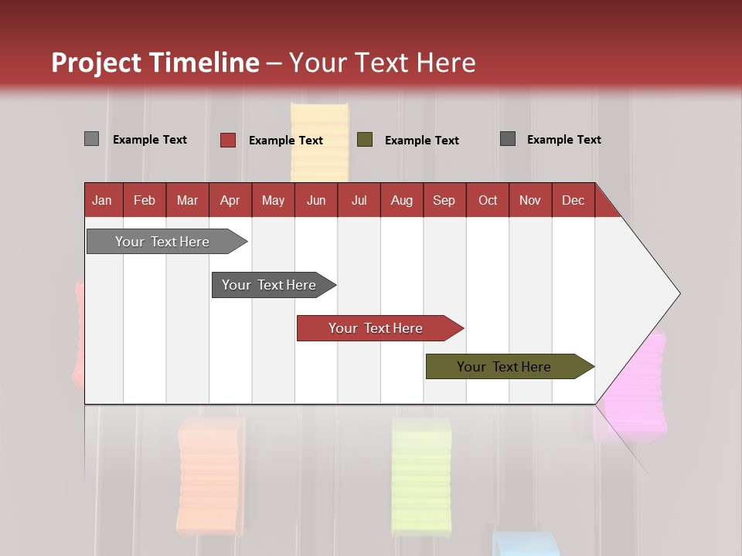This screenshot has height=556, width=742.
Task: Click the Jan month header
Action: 102,200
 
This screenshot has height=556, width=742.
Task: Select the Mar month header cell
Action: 187,200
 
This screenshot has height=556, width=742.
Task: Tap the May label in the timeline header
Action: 273,200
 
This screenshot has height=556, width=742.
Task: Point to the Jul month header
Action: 359,200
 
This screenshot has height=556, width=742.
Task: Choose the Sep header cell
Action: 444,200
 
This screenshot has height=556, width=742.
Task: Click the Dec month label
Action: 573,200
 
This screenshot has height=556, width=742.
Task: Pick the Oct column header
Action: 488,200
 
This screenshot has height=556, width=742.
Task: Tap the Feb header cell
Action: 145,200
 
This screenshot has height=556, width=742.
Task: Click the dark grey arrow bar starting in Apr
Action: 269,285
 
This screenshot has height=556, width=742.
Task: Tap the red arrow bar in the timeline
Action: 376,328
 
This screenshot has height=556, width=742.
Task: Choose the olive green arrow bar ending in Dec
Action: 504,367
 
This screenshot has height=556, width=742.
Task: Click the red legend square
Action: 227,140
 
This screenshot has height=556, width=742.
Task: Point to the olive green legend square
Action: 365,140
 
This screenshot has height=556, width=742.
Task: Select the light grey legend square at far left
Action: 91,139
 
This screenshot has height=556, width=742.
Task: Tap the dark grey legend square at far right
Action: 508,139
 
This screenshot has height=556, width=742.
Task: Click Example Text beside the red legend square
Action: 286,141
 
